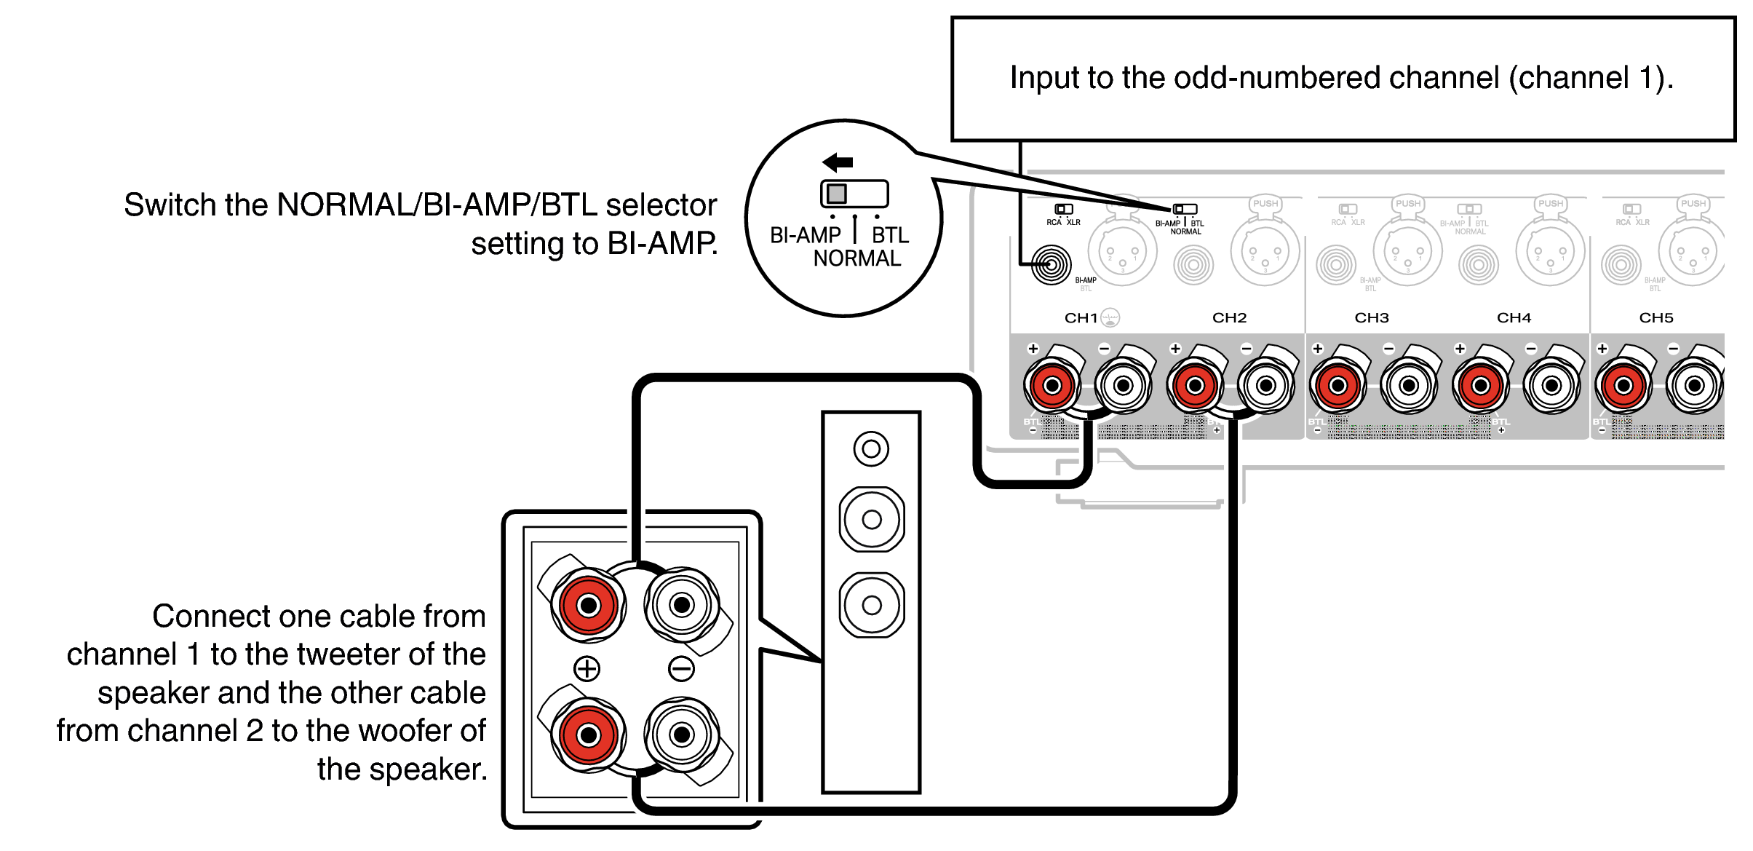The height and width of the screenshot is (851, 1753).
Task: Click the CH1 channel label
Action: click(x=1081, y=318)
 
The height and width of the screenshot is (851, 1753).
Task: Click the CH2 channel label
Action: click(x=1229, y=318)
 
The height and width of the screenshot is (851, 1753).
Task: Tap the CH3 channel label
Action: click(x=1372, y=318)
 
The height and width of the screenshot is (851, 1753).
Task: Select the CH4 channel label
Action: click(x=1514, y=318)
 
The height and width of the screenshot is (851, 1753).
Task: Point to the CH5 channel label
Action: click(x=1655, y=318)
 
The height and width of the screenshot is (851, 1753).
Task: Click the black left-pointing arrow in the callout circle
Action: click(x=838, y=162)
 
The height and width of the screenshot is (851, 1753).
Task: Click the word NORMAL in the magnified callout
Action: click(x=856, y=258)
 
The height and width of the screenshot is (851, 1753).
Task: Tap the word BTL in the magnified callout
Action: click(x=890, y=235)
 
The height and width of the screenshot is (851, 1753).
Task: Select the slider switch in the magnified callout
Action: click(x=854, y=194)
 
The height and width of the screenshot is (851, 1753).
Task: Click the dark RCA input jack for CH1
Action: click(x=1051, y=264)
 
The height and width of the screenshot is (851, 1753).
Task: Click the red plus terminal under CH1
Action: click(x=1052, y=386)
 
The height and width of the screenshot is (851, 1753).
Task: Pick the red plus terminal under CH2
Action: click(x=1195, y=386)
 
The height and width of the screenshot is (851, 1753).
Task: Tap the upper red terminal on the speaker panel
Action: click(x=588, y=605)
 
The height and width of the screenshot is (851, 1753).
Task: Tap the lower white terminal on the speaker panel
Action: click(x=682, y=735)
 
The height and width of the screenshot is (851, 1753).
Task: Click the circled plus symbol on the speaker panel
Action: click(x=587, y=668)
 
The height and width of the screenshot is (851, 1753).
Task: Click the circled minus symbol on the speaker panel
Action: click(x=681, y=668)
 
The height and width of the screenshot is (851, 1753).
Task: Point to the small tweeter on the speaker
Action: click(x=871, y=449)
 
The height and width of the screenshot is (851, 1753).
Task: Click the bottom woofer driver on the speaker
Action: click(x=872, y=605)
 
